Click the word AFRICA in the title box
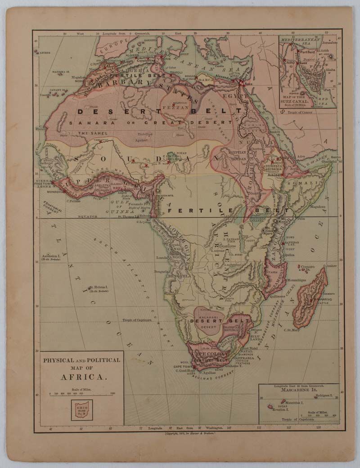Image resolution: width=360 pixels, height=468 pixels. [81, 377]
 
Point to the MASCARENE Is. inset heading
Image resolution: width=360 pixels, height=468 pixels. [299, 390]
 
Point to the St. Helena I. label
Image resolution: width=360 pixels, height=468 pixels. [99, 288]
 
